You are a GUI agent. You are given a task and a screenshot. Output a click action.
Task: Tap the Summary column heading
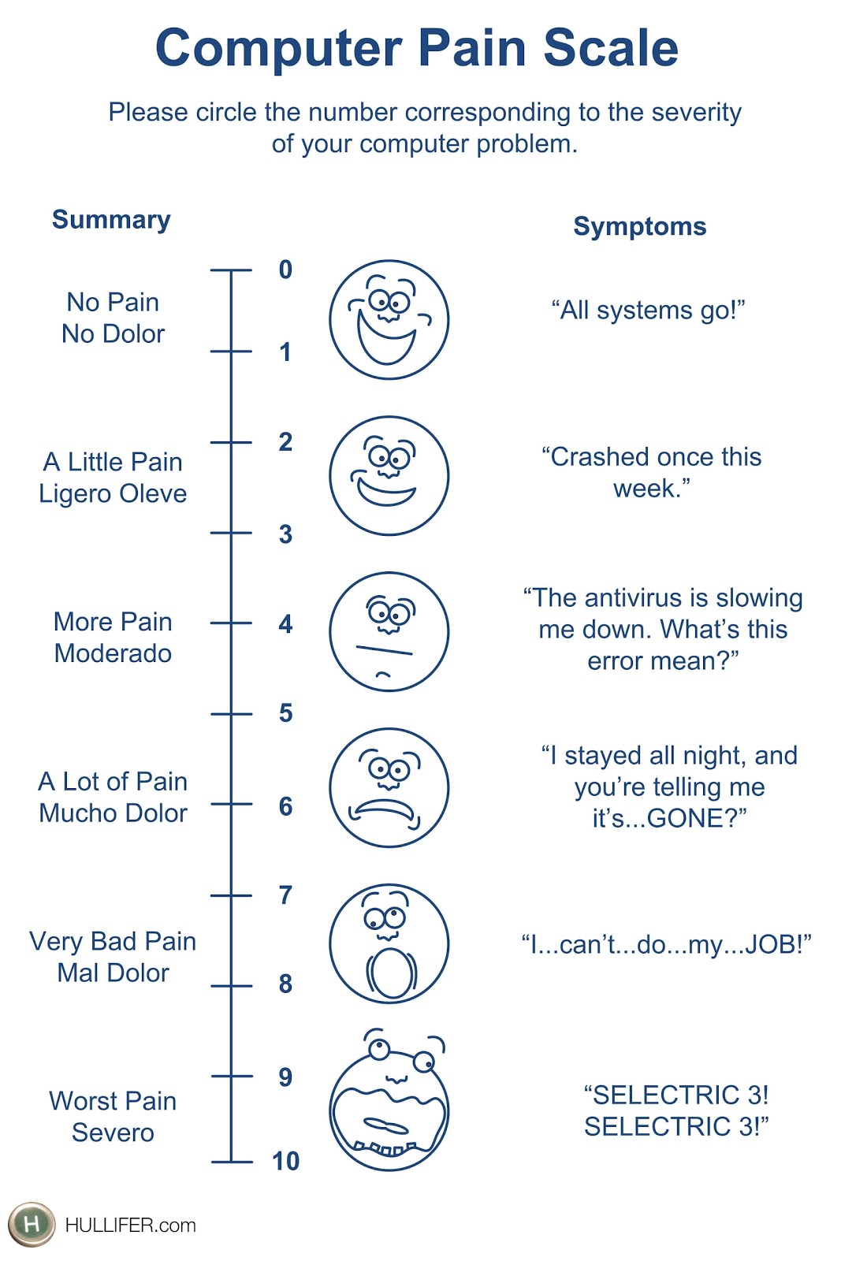click(x=111, y=220)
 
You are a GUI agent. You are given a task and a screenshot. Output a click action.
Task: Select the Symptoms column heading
click(x=639, y=226)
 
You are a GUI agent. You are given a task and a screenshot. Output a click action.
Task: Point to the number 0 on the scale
click(x=285, y=270)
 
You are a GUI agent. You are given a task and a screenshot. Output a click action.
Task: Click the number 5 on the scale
click(x=285, y=713)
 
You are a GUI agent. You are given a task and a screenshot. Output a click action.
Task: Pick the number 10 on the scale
click(x=285, y=1161)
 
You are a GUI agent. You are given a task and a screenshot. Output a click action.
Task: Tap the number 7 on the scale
click(x=285, y=895)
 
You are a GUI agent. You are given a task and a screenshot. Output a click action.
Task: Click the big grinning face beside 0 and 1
click(x=389, y=320)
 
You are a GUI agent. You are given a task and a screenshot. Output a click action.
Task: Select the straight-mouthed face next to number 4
click(x=389, y=632)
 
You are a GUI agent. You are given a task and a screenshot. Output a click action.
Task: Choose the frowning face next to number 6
click(x=389, y=787)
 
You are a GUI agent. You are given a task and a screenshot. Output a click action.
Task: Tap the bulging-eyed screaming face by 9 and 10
click(x=389, y=1103)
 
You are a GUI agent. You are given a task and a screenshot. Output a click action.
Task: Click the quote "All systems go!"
click(x=648, y=311)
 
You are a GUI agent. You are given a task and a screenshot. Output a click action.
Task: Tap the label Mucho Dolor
click(x=113, y=813)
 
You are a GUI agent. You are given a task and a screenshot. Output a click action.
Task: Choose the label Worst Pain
click(x=113, y=1101)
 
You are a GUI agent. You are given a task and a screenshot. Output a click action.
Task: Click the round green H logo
click(x=32, y=1224)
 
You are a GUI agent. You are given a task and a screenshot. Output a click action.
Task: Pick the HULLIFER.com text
click(x=130, y=1226)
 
